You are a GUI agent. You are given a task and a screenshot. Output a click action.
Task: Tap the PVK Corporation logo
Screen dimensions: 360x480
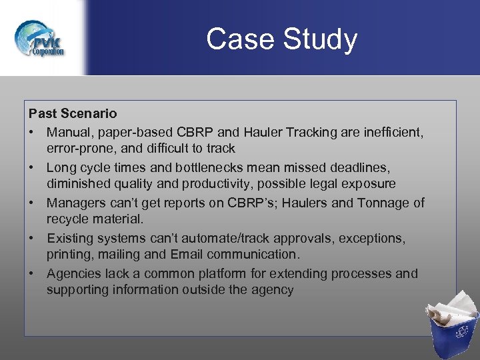[x=41, y=39]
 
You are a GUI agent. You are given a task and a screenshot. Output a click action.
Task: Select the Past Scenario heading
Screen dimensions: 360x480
[x=73, y=114]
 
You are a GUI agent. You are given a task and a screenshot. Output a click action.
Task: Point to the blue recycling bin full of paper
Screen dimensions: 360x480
[x=453, y=326]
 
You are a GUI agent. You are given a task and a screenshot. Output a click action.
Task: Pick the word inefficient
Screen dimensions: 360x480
[x=392, y=132]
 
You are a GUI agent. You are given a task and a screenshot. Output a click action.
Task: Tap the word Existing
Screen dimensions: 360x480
[x=69, y=238]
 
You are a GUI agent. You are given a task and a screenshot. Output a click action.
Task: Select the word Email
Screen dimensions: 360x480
[x=187, y=254]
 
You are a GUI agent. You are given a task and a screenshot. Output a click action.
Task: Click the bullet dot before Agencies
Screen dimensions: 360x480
[x=33, y=273]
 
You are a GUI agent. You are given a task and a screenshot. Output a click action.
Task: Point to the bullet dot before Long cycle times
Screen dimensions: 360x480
[x=33, y=167]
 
